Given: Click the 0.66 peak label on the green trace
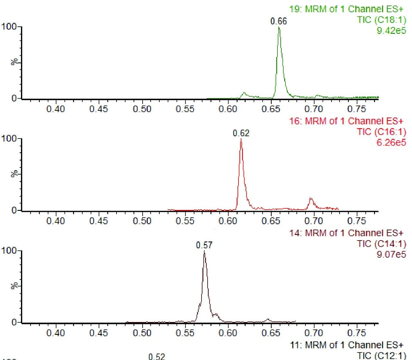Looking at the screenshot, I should (x=278, y=21).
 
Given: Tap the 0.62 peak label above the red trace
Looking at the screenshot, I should (x=241, y=133).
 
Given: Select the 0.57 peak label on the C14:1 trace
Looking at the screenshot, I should (x=204, y=245).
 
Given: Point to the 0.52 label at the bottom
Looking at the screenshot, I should (x=156, y=356).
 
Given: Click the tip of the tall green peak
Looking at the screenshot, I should (x=279, y=27).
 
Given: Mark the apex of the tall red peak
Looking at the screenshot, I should (x=241, y=139).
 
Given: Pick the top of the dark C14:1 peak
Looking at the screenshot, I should (x=204, y=251).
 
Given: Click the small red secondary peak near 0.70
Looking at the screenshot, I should (x=311, y=199).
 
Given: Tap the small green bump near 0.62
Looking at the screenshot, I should (x=244, y=93).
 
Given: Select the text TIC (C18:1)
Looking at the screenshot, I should (x=381, y=20).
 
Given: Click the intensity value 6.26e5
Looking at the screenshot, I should (x=391, y=142).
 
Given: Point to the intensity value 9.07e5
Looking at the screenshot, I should (x=391, y=254).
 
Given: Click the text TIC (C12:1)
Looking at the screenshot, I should (x=381, y=355).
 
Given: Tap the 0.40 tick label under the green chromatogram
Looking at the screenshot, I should (x=55, y=109).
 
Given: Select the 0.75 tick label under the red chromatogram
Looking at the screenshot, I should (x=357, y=221).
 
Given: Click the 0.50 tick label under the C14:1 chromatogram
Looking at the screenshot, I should (x=142, y=333).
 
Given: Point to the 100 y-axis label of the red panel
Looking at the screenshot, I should (x=9, y=139).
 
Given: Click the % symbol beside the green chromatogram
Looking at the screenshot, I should (x=14, y=62).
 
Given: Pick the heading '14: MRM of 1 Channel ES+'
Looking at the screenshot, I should (x=346, y=233).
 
